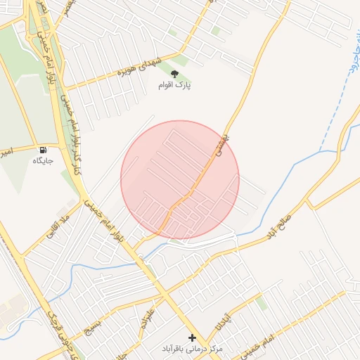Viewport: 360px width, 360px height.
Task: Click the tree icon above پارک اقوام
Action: (175, 73)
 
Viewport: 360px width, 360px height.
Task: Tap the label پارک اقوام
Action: (175, 84)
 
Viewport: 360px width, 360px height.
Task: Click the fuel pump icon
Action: (44, 150)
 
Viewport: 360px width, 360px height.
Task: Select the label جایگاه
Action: (44, 160)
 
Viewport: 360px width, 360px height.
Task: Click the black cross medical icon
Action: (193, 337)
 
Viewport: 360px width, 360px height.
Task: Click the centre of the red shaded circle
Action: (180, 180)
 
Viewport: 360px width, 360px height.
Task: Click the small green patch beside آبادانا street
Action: (261, 303)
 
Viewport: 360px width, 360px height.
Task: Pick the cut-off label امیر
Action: (5, 151)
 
